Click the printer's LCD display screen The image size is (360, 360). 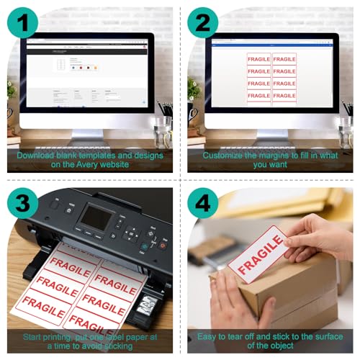(x=98, y=218)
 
